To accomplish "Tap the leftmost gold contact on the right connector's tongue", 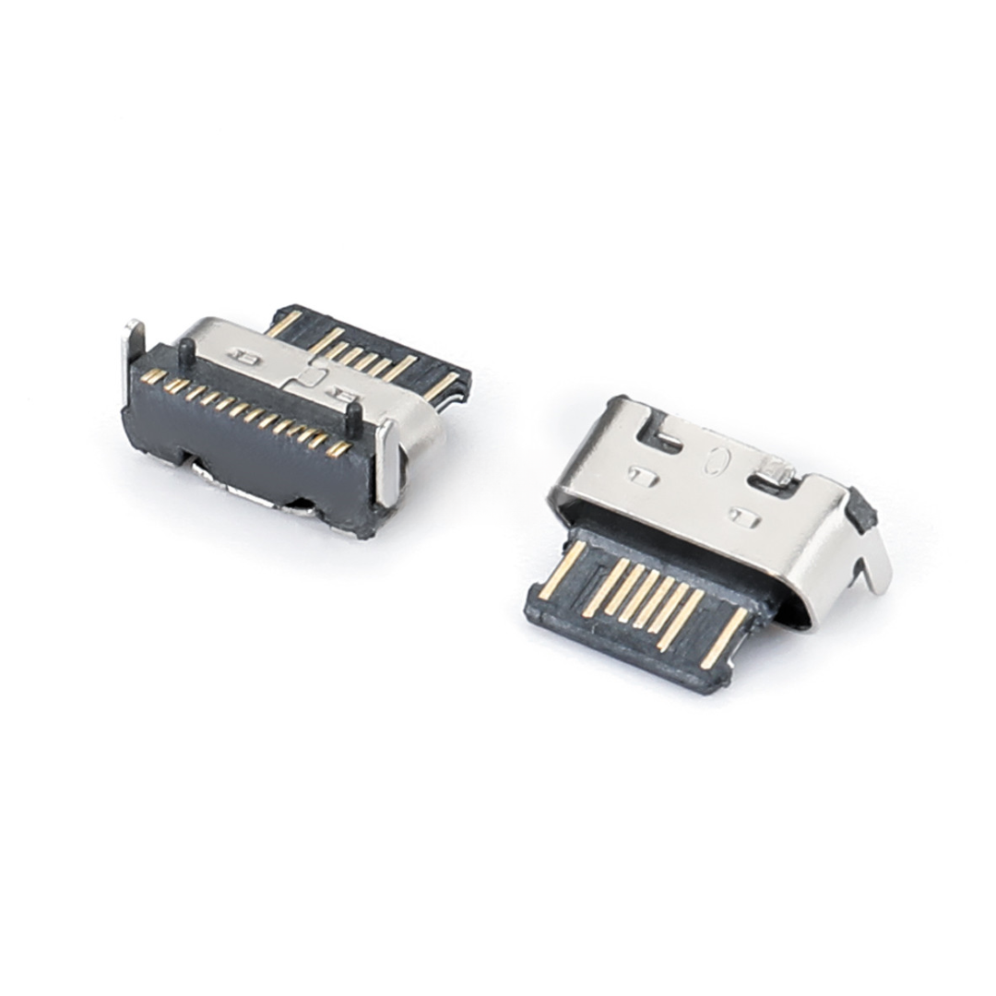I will (x=562, y=571).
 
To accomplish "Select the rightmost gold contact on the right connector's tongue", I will (x=724, y=637).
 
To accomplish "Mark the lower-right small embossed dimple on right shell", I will (x=742, y=516).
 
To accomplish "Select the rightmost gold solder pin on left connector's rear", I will (x=339, y=448).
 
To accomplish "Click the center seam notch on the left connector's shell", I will (x=311, y=376).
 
